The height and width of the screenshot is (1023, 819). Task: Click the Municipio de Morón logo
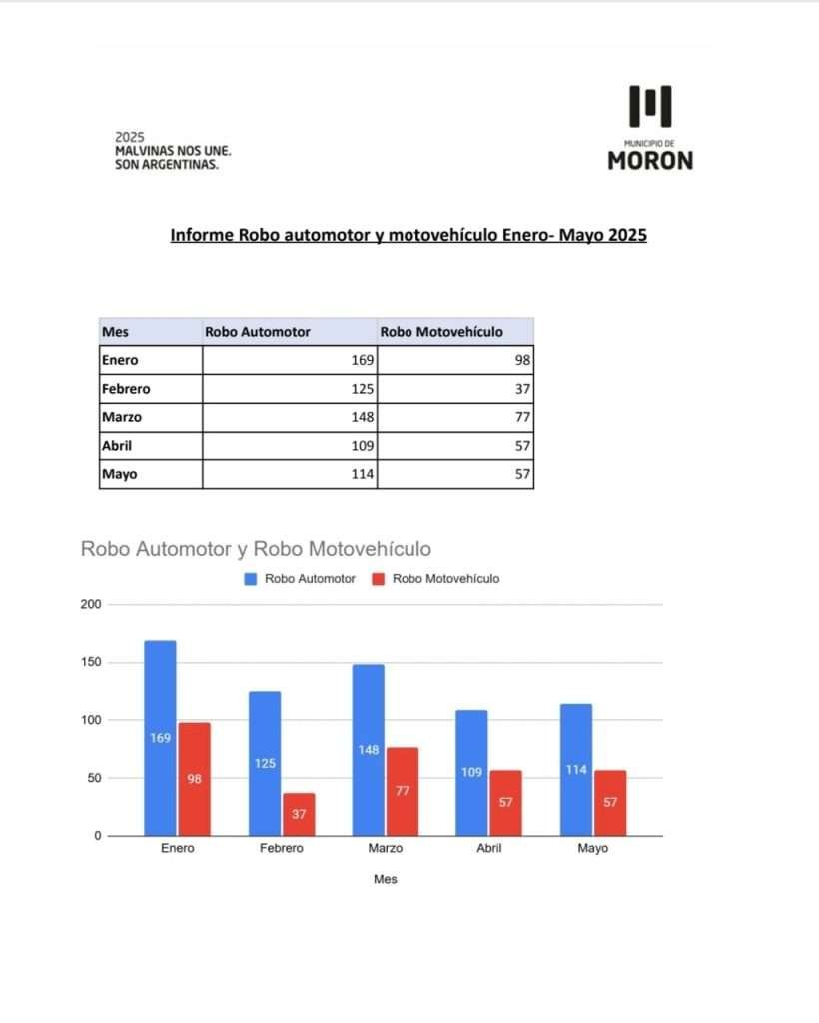(x=650, y=127)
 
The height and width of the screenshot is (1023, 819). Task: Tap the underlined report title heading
(x=409, y=236)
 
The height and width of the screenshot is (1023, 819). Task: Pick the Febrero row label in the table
(x=126, y=389)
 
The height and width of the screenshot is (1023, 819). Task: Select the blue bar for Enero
(x=160, y=738)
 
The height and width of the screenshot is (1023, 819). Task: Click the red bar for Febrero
(x=299, y=814)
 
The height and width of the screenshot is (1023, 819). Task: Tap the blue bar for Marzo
(x=369, y=750)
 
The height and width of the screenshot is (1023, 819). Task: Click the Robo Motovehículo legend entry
(x=435, y=579)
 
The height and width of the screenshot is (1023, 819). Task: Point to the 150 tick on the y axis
(x=91, y=663)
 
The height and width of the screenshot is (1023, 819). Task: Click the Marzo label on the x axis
(x=385, y=848)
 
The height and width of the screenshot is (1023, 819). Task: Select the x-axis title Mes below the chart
(x=385, y=880)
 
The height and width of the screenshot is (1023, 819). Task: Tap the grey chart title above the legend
(x=256, y=549)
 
